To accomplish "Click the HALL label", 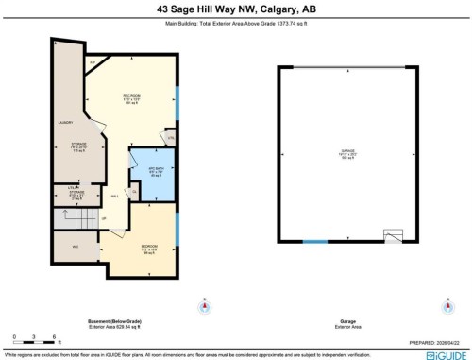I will tap(114, 197).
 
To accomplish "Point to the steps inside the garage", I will tap(395, 235).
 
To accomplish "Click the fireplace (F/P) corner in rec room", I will tap(94, 63).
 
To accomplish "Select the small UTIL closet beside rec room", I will tap(170, 138).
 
